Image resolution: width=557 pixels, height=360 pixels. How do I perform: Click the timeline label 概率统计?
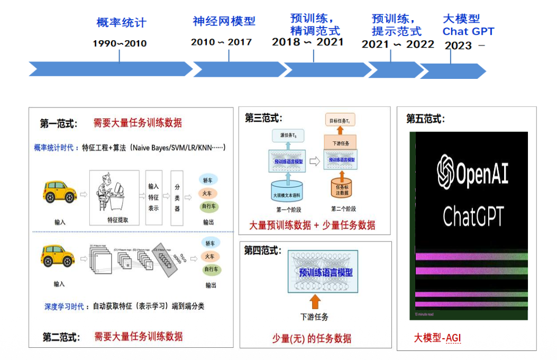(121, 23)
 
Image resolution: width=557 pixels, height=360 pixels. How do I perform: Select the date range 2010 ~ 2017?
(221, 42)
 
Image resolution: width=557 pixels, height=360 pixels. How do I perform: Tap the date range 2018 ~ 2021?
(307, 42)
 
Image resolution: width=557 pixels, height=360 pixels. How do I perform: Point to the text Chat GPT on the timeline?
(468, 31)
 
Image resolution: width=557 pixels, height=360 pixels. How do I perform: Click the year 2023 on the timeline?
(458, 46)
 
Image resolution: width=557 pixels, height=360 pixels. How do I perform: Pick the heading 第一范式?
(59, 124)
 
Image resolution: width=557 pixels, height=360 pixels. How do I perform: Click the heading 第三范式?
(263, 118)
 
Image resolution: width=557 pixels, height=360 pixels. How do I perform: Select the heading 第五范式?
(425, 119)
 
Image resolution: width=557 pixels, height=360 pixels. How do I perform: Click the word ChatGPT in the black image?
(473, 216)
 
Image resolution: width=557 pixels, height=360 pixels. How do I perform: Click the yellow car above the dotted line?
(59, 192)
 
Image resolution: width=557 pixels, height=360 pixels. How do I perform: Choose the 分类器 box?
(177, 197)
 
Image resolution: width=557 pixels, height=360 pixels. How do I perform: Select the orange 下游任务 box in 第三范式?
(341, 142)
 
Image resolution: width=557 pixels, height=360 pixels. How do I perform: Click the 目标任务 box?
(341, 121)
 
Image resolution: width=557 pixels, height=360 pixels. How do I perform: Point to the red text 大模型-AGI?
(437, 337)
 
